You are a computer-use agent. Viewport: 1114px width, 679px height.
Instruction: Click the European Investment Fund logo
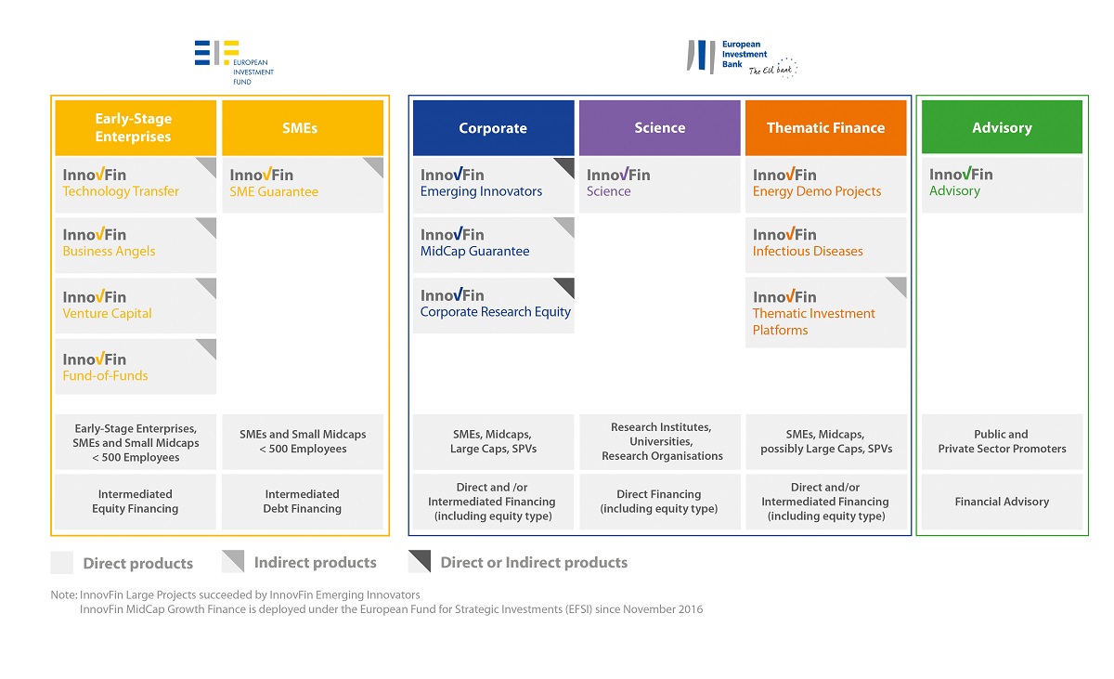(234, 62)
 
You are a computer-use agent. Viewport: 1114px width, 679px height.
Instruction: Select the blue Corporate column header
(493, 128)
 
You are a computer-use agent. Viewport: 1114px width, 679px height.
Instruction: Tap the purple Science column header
(659, 128)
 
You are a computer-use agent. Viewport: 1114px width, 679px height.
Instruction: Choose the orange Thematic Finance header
(825, 128)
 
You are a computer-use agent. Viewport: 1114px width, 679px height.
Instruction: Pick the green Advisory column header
(1002, 127)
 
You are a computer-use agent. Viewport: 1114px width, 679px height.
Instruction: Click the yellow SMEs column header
(303, 128)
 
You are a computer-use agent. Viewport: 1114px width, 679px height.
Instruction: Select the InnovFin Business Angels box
(136, 244)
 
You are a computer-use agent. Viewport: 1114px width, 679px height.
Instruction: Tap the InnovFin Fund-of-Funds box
(136, 367)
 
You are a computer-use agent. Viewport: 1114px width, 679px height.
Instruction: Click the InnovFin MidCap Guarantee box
(493, 244)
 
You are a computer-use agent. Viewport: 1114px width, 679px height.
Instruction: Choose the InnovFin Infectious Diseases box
(825, 244)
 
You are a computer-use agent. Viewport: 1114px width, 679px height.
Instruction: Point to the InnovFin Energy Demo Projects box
(825, 185)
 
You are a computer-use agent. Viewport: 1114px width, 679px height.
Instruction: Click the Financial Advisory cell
(1002, 502)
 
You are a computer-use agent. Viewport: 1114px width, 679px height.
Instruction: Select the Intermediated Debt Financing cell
(303, 502)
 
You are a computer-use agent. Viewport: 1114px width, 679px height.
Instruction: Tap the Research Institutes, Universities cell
(659, 442)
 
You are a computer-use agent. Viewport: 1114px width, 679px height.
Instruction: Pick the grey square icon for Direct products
(61, 562)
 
